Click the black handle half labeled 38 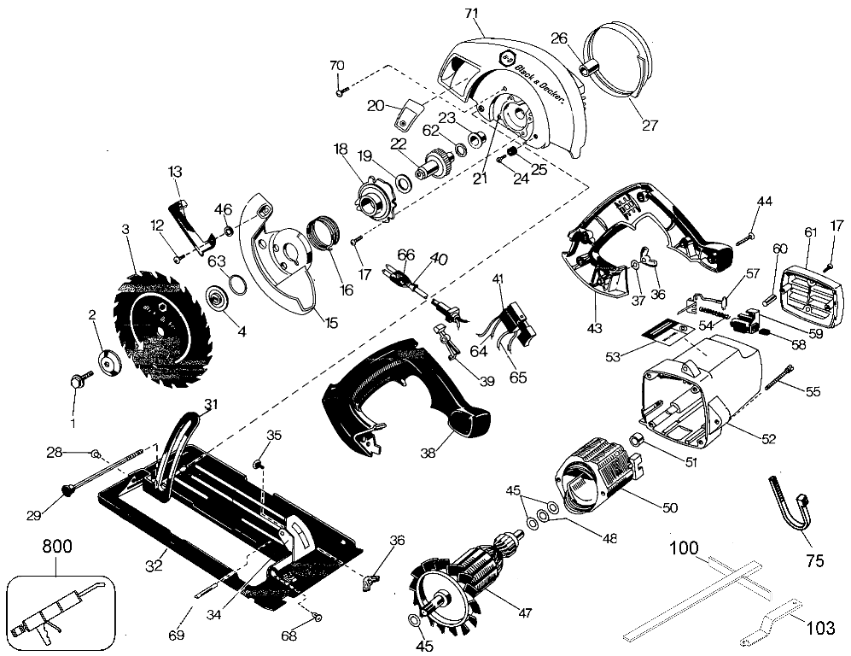pyautogui.click(x=405, y=395)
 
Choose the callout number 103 pyautogui.click(x=820, y=629)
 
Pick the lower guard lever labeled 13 pyautogui.click(x=191, y=227)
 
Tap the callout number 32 pyautogui.click(x=154, y=565)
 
